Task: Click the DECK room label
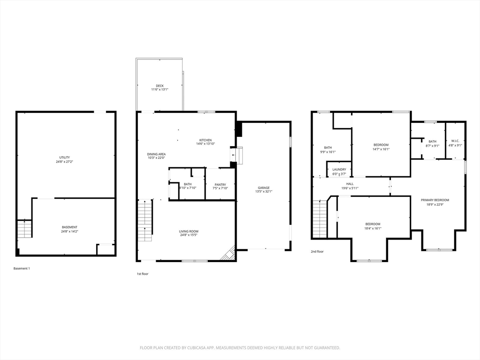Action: click(x=160, y=86)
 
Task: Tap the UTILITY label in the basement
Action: click(x=65, y=157)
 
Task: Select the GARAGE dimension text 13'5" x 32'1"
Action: click(x=264, y=191)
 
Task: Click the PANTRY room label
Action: click(x=220, y=185)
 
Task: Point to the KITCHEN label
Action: click(x=205, y=140)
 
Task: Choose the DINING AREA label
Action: click(x=156, y=154)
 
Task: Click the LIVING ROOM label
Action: click(x=188, y=231)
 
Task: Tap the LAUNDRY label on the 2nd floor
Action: click(x=339, y=170)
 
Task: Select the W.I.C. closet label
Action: click(x=455, y=142)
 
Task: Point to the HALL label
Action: click(x=350, y=184)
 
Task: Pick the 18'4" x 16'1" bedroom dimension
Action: click(x=373, y=228)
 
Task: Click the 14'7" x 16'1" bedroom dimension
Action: click(x=381, y=150)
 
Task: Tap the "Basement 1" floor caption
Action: click(x=22, y=269)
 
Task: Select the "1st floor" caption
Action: click(x=142, y=274)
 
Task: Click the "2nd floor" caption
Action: click(x=317, y=252)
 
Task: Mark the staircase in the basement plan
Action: click(x=24, y=229)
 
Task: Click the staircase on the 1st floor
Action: click(x=145, y=220)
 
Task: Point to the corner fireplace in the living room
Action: click(x=229, y=255)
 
